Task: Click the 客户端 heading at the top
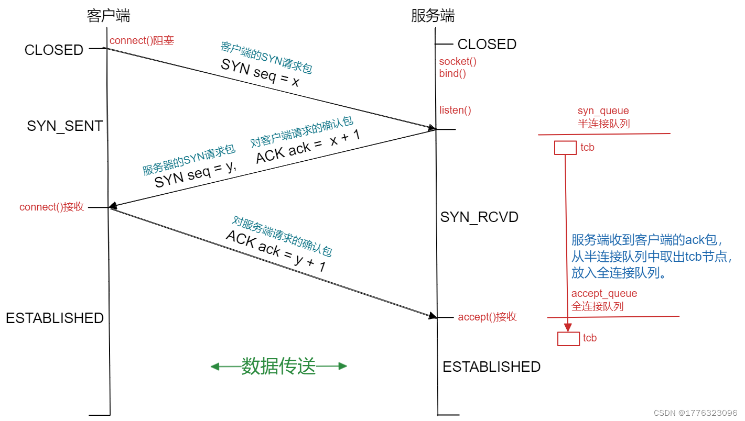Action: pyautogui.click(x=108, y=16)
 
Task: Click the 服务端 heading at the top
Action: pyautogui.click(x=433, y=16)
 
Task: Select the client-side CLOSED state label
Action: pyautogui.click(x=54, y=50)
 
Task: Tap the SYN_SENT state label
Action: pyautogui.click(x=64, y=126)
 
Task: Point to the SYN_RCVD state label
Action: pyautogui.click(x=479, y=217)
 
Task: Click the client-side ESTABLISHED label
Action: pyautogui.click(x=55, y=318)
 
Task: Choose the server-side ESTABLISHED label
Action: pyautogui.click(x=491, y=367)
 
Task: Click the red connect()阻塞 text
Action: pyautogui.click(x=142, y=40)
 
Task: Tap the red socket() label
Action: pyautogui.click(x=458, y=61)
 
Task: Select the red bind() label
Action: pyautogui.click(x=452, y=73)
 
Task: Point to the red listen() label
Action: pyautogui.click(x=455, y=110)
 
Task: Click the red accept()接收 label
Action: pyautogui.click(x=487, y=317)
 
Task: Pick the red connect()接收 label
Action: pyautogui.click(x=51, y=207)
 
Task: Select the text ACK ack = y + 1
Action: pyautogui.click(x=276, y=251)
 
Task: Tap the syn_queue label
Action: pyautogui.click(x=603, y=111)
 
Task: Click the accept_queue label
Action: pyautogui.click(x=604, y=294)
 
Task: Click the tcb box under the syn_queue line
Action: pyautogui.click(x=565, y=148)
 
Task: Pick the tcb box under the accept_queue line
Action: pyautogui.click(x=568, y=339)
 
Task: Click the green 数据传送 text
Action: pyautogui.click(x=278, y=367)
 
